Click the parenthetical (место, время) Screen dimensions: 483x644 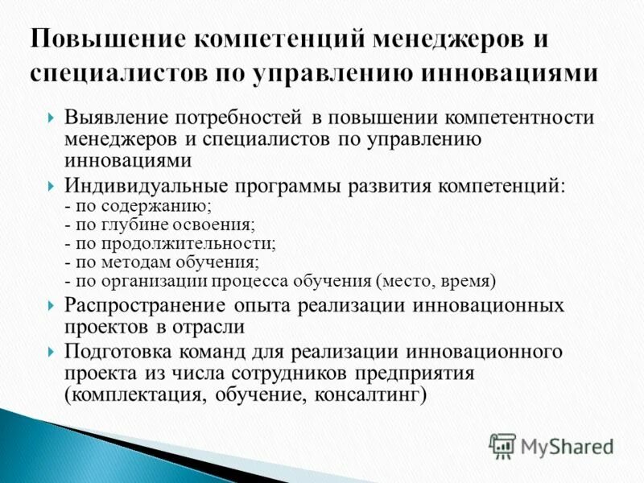(x=436, y=281)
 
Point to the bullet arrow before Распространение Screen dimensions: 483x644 (x=52, y=307)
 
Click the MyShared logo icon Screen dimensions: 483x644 (x=502, y=445)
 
